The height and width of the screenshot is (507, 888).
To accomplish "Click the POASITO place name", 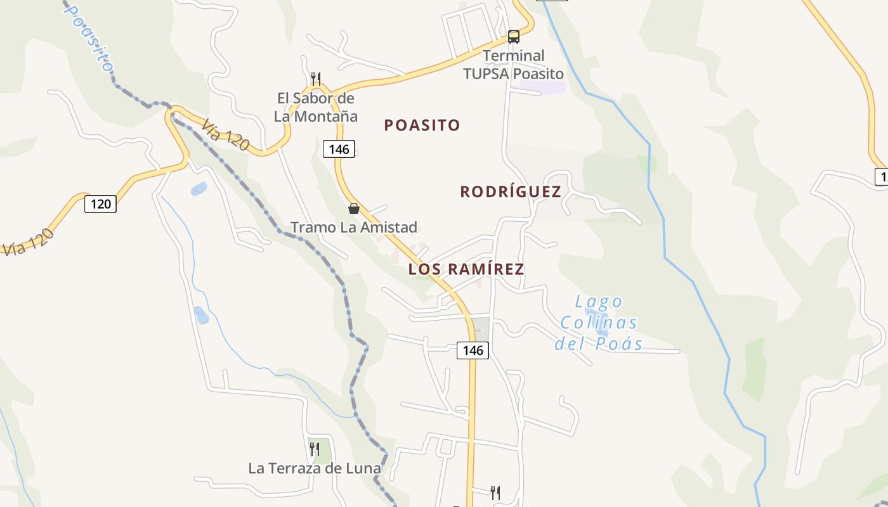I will coord(422,125).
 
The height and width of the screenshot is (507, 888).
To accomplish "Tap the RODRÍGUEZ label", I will coord(511,191).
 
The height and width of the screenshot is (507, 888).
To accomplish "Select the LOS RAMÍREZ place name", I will coord(466,269).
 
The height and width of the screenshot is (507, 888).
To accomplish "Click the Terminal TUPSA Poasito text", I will coord(514,65).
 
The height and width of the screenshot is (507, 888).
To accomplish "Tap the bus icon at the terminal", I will coord(514,36).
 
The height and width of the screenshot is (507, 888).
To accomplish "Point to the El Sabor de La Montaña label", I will coord(316,107).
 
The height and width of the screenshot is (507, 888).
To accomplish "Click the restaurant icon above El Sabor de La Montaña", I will coord(316,79).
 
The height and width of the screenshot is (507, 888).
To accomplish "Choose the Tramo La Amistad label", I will coord(354,227).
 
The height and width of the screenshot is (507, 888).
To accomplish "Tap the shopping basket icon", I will coord(354,208).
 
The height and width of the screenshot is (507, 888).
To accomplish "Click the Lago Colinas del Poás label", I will coord(599,323).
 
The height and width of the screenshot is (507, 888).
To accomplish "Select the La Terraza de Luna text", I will coord(315,468).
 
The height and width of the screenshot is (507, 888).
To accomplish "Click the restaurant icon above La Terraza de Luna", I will coord(315,449).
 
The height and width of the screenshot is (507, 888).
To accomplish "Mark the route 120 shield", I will coord(101,203).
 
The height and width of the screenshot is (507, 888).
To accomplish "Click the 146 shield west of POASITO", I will coord(339,150).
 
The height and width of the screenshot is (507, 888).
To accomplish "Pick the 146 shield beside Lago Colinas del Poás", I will coord(473,350).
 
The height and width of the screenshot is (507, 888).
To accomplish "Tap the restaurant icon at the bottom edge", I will coord(495,492).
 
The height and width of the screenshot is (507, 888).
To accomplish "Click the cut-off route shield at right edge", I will coord(882,177).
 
